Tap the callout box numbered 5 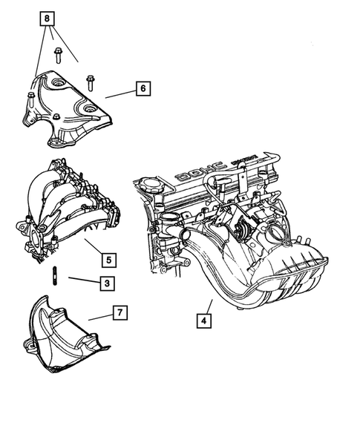coord(108,260)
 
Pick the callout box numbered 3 coord(107,283)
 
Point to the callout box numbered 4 coord(201,321)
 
